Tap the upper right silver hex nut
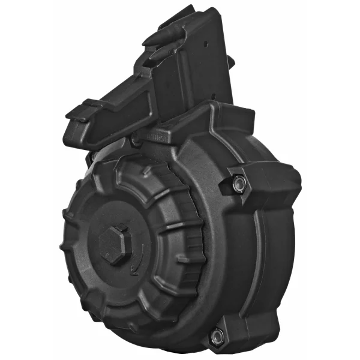click(x=239, y=184)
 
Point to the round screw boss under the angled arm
click(x=136, y=138)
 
